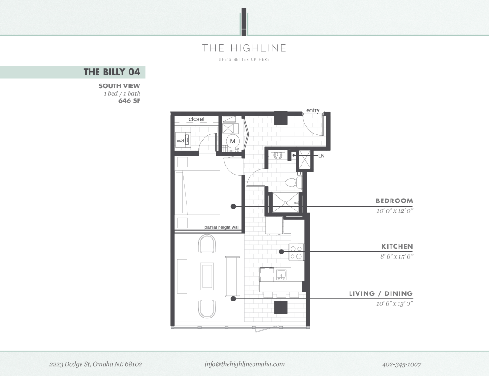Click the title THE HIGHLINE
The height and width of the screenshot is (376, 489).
(x=244, y=48)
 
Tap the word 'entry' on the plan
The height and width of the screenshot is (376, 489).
(x=313, y=110)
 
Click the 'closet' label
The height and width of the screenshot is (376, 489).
(x=196, y=119)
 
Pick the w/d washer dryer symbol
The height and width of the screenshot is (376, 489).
(x=183, y=141)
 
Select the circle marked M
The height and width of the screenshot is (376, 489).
(x=233, y=141)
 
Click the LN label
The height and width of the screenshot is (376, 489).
(x=322, y=155)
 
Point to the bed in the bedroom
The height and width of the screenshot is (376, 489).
(x=197, y=192)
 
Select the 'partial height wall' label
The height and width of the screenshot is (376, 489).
(x=222, y=227)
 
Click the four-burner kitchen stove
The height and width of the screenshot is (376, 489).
(x=296, y=252)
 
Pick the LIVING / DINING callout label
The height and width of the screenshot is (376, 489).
(x=381, y=293)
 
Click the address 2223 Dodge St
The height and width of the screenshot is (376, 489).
(x=96, y=364)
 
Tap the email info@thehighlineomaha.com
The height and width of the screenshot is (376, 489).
(x=244, y=364)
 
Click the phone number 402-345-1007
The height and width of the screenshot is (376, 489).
(x=401, y=364)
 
